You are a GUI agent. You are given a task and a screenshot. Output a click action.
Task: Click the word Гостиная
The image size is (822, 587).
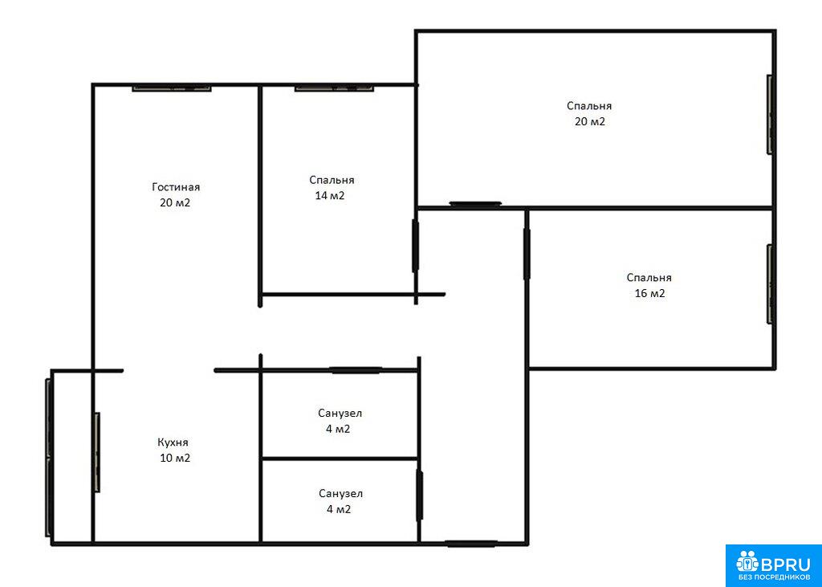pos(176,187)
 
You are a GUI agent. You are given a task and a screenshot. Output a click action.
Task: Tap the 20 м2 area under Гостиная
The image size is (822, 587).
pos(175,203)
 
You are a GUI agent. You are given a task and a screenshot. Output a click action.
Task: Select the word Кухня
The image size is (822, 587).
pos(173,442)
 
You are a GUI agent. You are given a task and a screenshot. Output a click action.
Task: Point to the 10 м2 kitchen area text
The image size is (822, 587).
pos(175,458)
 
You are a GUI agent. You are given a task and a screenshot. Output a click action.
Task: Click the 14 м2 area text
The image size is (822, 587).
pos(329,196)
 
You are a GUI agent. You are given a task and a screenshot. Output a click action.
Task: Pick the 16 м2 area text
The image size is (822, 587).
pos(650,294)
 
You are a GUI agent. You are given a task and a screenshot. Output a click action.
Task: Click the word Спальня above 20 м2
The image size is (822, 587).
pos(589,106)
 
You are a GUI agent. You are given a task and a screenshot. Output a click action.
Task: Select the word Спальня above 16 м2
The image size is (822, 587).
pos(649,278)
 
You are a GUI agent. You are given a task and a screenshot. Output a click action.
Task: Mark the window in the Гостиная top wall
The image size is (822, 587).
pos(172,88)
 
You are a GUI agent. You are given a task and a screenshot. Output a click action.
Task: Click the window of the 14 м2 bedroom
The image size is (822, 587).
pos(335,88)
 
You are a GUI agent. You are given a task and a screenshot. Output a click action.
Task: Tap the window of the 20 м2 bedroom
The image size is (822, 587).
pos(771,114)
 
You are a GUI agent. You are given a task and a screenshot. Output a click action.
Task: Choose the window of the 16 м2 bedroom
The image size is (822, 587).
pos(771,283)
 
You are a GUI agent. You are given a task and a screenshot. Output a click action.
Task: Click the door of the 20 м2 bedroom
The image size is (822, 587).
pos(475,204)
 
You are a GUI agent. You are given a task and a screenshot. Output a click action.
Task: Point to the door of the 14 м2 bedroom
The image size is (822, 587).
pos(415,246)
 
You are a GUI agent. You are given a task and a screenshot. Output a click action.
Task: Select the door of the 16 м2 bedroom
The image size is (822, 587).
pos(527,254)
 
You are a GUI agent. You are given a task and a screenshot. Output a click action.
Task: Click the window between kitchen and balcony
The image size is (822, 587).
pos(97,452)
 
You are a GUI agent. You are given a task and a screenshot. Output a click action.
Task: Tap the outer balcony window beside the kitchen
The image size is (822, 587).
pos(49,458)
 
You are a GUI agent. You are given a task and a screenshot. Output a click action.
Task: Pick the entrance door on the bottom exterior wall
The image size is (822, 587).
pos(471,544)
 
